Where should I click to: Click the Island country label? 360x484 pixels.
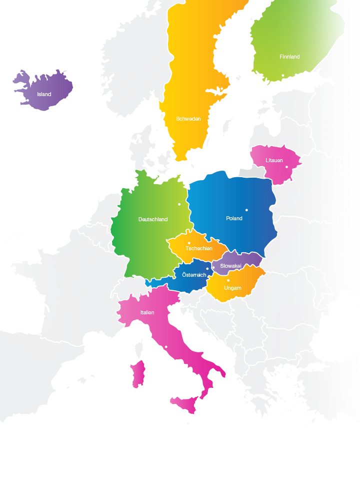44,94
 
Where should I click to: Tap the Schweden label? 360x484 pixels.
188,119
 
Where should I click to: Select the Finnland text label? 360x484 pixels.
289,57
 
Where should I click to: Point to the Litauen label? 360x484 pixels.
274,160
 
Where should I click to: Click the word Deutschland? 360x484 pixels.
153,219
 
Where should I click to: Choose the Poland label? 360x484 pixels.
234,218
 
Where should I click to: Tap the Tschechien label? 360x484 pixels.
198,248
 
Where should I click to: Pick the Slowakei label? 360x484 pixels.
231,266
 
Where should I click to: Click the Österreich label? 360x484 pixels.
194,275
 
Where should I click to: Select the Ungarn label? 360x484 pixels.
232,288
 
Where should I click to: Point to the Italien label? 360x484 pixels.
147,312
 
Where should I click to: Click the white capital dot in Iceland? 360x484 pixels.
27,100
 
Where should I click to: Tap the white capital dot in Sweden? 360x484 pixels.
221,90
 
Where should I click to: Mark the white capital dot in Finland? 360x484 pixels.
283,76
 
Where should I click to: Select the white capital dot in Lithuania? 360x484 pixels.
287,167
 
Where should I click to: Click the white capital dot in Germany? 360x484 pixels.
179,204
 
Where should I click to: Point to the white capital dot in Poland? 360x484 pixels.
246,210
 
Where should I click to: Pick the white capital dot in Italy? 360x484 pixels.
166,347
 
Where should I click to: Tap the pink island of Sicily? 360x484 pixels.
185,403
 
